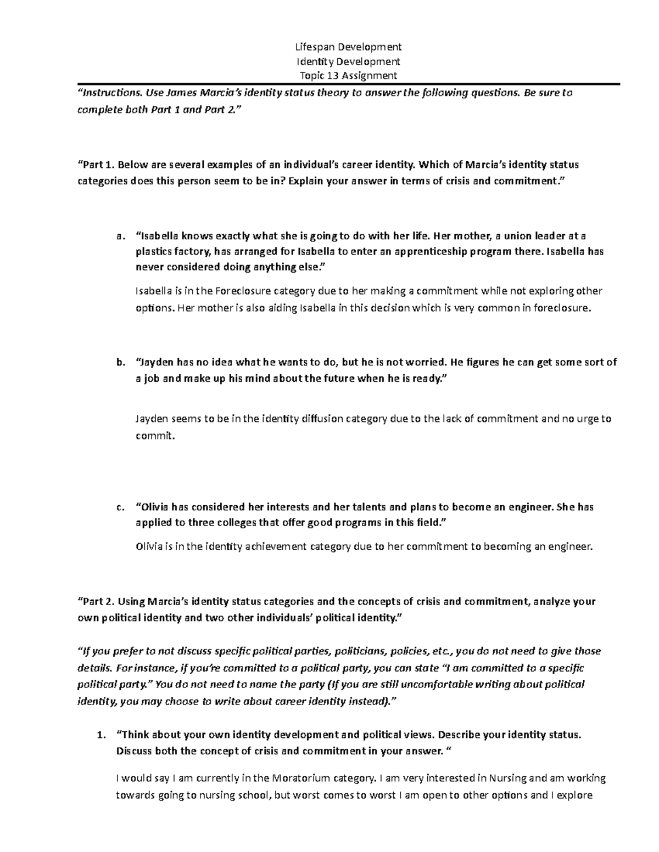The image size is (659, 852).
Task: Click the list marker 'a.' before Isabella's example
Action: tap(120, 236)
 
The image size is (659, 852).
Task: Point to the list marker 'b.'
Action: tap(120, 362)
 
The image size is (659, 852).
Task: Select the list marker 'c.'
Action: tap(120, 507)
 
